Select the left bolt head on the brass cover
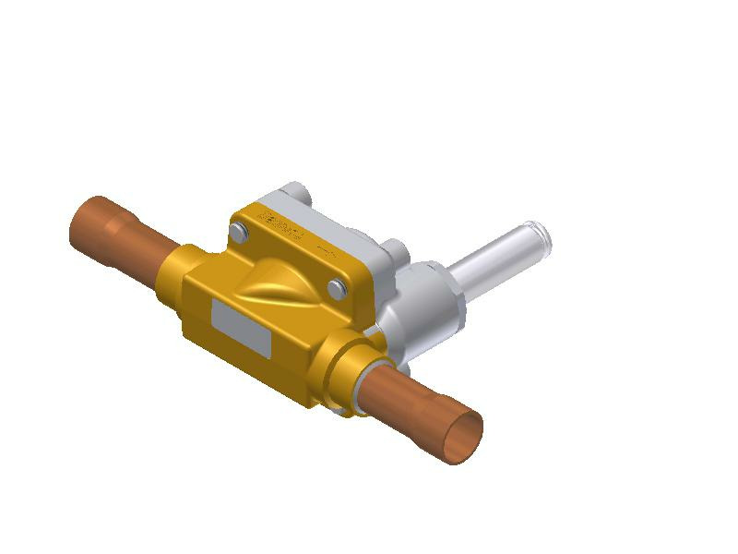[239, 232]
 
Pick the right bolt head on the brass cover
[337, 289]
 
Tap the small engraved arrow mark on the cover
[326, 250]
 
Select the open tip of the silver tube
[537, 236]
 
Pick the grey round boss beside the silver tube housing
[394, 251]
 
